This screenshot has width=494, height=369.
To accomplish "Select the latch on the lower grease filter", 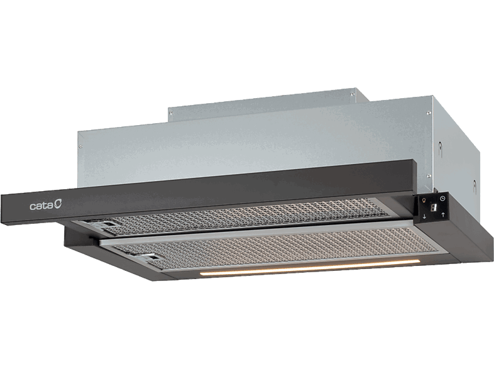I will (151, 257).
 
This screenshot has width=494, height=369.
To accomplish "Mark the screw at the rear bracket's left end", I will (171, 114).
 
